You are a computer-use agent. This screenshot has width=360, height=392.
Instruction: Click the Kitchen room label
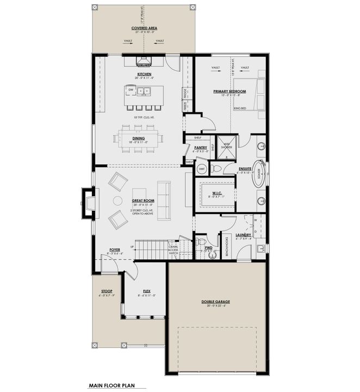(x=144, y=74)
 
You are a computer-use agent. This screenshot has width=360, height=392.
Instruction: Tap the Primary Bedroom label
(x=229, y=91)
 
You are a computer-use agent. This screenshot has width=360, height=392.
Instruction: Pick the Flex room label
(x=146, y=291)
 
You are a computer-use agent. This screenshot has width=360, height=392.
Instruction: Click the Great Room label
(x=141, y=201)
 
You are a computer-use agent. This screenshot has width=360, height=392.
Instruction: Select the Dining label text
(x=138, y=138)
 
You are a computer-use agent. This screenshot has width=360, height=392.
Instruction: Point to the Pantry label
(x=200, y=147)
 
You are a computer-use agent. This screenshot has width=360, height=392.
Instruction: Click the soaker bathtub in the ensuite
(x=260, y=174)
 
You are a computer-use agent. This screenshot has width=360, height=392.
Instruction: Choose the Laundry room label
(x=243, y=235)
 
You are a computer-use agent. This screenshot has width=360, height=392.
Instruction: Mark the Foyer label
(x=115, y=249)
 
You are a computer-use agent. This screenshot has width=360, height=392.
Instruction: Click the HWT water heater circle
(x=201, y=169)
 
